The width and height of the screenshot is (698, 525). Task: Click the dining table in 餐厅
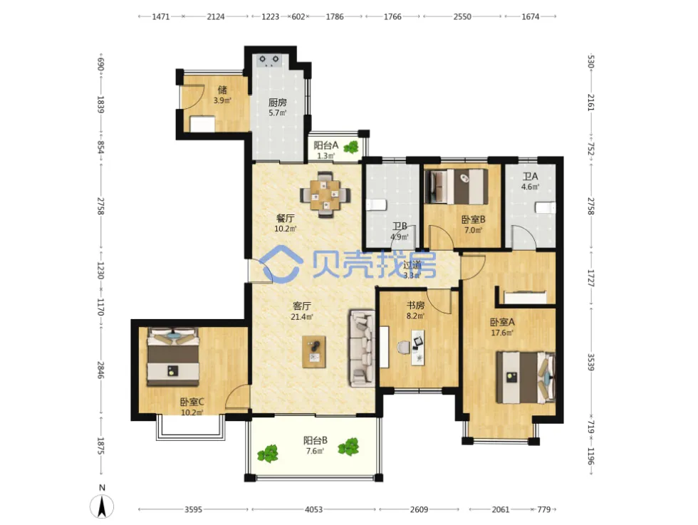(x=325, y=194)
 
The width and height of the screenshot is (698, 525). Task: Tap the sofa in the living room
(x=362, y=348)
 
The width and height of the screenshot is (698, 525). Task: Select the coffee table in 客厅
(x=314, y=352)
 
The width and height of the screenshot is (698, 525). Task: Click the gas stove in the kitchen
(x=269, y=61)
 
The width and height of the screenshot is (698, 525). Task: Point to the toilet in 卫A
(x=546, y=207)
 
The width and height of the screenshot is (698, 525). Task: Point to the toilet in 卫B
(x=376, y=205)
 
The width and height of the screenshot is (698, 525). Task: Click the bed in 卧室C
(x=173, y=357)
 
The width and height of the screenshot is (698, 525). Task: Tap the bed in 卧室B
(x=457, y=186)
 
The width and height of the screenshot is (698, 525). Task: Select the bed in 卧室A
(x=526, y=378)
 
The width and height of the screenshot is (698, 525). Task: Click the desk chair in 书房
(x=405, y=348)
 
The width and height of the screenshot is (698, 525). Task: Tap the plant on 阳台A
(x=352, y=147)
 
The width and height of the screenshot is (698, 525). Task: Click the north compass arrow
(x=102, y=506)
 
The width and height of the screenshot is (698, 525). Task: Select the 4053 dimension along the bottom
(x=313, y=509)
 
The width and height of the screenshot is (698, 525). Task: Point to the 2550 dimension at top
(x=462, y=16)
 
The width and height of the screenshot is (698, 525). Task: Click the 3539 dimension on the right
(x=590, y=363)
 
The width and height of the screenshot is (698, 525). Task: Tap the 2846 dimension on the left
(x=101, y=370)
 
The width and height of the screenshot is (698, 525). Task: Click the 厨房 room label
(x=277, y=103)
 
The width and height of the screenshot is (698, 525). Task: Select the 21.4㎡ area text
(x=301, y=317)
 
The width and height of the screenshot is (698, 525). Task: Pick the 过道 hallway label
(x=412, y=264)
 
